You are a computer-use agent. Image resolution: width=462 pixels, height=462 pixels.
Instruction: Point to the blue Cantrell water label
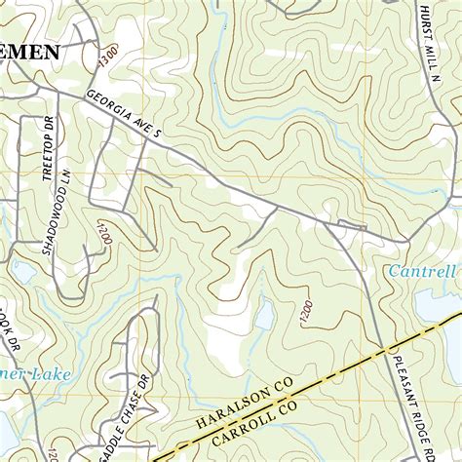coord(421,269)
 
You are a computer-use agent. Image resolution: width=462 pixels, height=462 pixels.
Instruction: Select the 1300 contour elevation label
coord(107,56)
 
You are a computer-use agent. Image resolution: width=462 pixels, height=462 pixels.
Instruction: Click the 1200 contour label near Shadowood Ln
coord(100,233)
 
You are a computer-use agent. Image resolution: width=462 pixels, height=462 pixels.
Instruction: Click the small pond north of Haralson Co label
coord(263,315)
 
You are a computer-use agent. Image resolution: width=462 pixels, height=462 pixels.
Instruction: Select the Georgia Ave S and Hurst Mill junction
coord(407,240)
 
